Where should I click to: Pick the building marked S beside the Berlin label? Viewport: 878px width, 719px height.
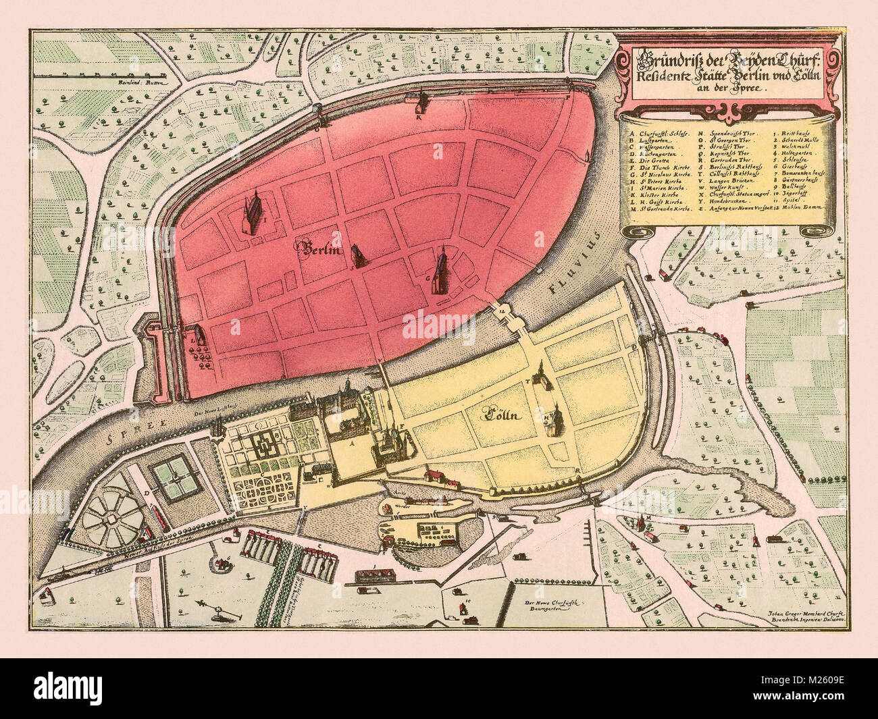(357, 257)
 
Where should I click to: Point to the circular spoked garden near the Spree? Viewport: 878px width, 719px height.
(113, 518)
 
